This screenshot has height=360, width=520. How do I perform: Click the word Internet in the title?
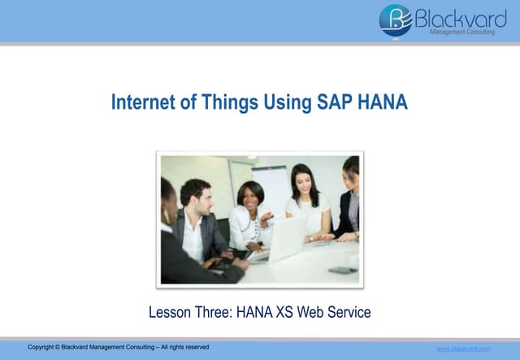[x=140, y=103]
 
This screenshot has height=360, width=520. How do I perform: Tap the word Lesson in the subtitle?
[x=169, y=310]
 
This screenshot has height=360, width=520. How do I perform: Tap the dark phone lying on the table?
[x=342, y=270]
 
